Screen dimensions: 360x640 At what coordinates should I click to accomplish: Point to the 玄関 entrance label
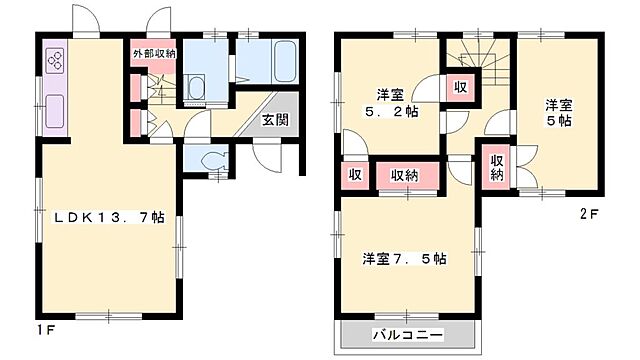(x=277, y=121)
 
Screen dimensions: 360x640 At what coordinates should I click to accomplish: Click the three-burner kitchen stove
(x=54, y=63)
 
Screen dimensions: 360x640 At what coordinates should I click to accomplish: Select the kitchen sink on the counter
(x=54, y=110)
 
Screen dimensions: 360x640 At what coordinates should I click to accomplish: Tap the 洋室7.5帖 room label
(x=404, y=258)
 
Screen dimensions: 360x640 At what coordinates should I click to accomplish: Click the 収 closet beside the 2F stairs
(x=460, y=87)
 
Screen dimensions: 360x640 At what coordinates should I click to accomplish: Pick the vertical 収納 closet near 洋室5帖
(x=497, y=167)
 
